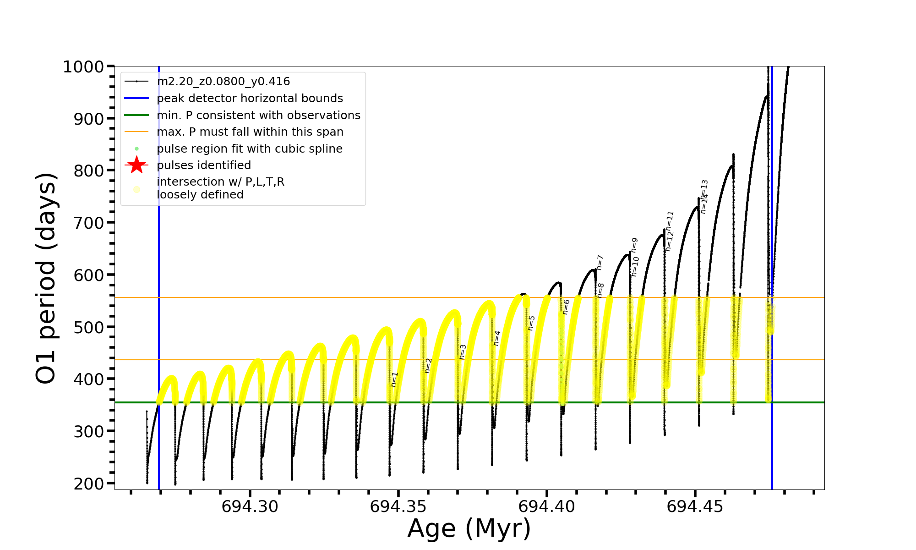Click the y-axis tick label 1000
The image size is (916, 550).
83,67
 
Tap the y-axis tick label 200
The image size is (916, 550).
89,484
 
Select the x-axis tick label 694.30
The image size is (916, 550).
250,506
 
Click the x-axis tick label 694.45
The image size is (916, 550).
695,506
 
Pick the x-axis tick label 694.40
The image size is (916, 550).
546,506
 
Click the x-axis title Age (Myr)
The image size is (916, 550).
469,528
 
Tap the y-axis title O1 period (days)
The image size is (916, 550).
46,278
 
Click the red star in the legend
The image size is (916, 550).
136,165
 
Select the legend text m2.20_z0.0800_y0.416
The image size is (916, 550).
223,82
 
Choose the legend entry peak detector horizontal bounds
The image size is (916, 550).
250,99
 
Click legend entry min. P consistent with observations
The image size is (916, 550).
258,115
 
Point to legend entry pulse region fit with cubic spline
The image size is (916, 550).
249,149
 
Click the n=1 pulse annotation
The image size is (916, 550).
394,379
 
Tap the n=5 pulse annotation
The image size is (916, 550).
531,323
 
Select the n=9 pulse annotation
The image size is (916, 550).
634,245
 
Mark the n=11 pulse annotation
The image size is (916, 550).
670,220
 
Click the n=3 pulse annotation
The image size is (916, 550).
463,352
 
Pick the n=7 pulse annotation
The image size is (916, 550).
600,263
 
